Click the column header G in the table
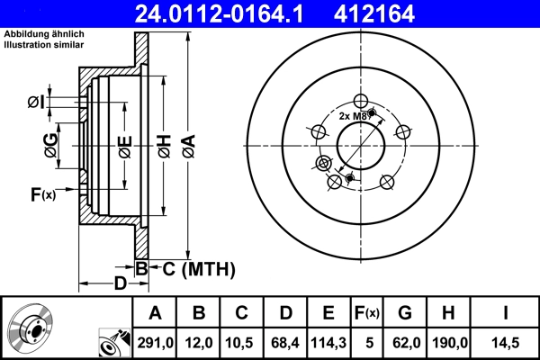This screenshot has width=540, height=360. pos(404,313)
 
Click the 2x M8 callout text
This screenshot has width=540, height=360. pos(352,116)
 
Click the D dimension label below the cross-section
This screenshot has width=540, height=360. pos(120,285)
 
